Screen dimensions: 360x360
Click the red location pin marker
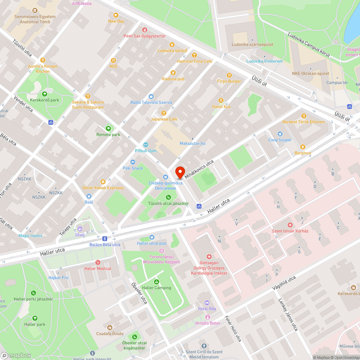pyautogui.click(x=180, y=172)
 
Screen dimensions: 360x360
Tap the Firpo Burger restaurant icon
pyautogui.click(x=229, y=75)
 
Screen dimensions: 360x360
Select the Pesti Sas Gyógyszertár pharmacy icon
pyautogui.click(x=145, y=30)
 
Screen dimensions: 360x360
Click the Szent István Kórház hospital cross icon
pyautogui.click(x=290, y=225)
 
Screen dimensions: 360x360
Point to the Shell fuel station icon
pyautogui.click(x=80, y=229)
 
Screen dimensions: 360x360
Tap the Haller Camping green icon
pyautogui.click(x=156, y=282)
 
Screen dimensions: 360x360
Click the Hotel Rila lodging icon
pyautogui.click(x=207, y=302)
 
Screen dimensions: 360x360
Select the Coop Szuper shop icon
pyautogui.click(x=280, y=134)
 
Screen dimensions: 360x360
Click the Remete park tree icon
pyautogui.click(x=108, y=129)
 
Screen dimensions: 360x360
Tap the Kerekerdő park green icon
pyautogui.click(x=45, y=94)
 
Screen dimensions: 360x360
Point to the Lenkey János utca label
pyautogui.click(x=288, y=315)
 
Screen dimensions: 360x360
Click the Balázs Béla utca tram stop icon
pyautogui.click(x=105, y=238)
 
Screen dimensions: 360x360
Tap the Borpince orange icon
pyautogui.click(x=302, y=147)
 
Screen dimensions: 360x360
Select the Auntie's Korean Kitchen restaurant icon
pyautogui.click(x=42, y=60)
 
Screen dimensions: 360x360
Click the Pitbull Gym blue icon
pyautogui.click(x=146, y=144)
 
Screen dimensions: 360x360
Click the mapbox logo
pyautogui.click(x=16, y=355)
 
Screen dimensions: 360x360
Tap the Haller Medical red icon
pyautogui.click(x=98, y=262)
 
